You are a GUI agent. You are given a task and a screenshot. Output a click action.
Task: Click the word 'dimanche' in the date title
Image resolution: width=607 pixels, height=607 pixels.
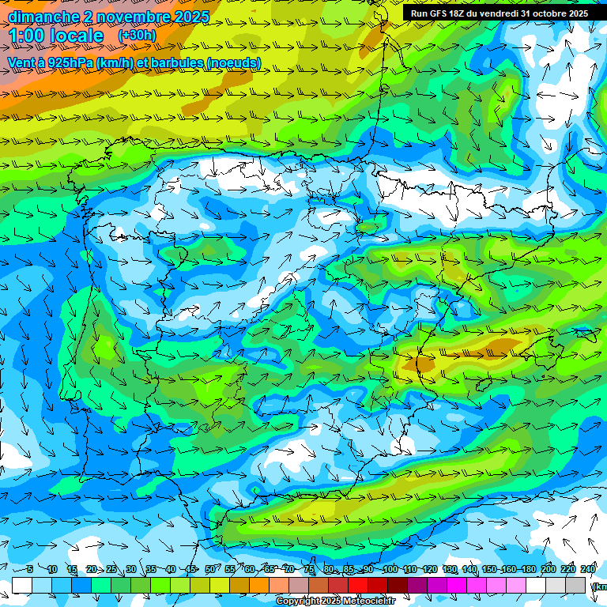coord(43,17)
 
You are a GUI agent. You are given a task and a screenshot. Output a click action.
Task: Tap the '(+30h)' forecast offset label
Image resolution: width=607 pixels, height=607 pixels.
coord(137,36)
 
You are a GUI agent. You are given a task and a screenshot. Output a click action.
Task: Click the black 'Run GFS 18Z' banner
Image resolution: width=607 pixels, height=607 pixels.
coord(499,13)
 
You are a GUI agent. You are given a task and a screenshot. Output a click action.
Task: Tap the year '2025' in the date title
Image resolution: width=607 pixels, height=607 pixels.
coord(187,17)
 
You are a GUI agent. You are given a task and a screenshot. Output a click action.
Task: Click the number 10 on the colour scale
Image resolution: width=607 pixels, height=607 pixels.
coord(52,569)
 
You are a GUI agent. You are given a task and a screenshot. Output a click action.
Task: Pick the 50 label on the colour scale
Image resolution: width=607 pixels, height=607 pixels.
coord(210,569)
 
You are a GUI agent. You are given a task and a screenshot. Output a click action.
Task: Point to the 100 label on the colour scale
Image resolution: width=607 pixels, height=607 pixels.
coord(390,569)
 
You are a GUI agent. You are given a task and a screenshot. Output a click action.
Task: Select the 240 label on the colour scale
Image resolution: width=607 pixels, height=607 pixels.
coord(588,569)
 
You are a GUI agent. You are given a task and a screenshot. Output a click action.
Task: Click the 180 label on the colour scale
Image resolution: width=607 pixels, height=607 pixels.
coord(529,569)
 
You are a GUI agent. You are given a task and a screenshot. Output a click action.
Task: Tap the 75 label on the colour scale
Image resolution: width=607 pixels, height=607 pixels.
coord(309,569)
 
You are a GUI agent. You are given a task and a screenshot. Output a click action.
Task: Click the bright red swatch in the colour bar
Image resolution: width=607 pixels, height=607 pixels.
coord(358,585)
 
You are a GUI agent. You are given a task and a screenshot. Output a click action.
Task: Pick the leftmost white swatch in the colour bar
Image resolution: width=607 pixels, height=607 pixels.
coord(22,585)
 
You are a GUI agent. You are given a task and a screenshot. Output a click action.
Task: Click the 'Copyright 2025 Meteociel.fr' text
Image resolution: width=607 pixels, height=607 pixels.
coord(345,601)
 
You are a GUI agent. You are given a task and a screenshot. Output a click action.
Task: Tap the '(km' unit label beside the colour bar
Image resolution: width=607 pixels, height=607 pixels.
coord(598,586)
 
